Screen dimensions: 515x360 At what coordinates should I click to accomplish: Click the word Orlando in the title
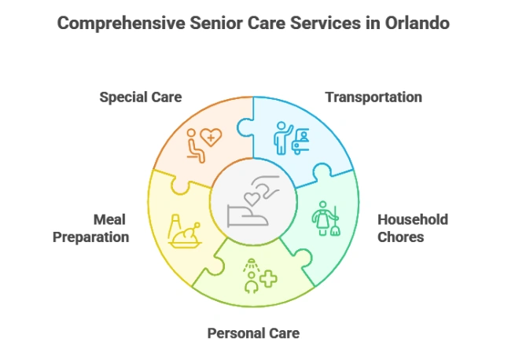[417, 24]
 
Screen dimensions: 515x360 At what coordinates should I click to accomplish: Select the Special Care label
[141, 97]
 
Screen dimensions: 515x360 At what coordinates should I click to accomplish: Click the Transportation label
[373, 97]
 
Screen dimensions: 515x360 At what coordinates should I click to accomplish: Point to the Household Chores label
[413, 228]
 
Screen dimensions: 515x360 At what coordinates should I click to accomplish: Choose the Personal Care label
[253, 333]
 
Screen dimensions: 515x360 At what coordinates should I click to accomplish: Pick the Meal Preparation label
[91, 228]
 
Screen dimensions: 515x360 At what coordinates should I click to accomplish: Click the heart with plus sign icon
[211, 137]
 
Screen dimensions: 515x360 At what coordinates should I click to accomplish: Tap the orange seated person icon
[196, 145]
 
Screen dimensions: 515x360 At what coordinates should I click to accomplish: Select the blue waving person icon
[283, 138]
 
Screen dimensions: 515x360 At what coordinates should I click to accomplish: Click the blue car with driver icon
[300, 141]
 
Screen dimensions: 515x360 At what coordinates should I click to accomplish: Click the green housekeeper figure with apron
[322, 218]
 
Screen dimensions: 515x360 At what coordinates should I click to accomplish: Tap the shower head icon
[252, 265]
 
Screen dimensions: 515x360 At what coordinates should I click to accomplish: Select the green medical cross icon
[269, 279]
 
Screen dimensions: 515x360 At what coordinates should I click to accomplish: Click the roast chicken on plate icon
[186, 235]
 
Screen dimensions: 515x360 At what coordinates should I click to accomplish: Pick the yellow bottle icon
[174, 226]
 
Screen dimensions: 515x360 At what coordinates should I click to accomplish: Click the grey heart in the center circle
[252, 199]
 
